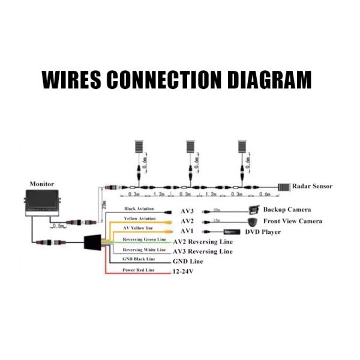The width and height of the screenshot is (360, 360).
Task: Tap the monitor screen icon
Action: (41, 202)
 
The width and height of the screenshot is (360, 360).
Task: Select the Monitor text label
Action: (42, 184)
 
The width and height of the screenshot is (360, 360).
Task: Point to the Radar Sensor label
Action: (312, 186)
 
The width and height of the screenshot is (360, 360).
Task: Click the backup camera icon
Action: (254, 210)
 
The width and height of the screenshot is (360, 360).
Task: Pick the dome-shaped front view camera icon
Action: (252, 221)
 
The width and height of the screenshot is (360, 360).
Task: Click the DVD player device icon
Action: (232, 231)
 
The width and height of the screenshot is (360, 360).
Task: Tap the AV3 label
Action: (187, 211)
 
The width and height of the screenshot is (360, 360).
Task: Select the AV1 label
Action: (187, 231)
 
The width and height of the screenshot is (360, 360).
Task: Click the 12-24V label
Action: (184, 272)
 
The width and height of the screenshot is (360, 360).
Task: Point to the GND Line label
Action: (188, 262)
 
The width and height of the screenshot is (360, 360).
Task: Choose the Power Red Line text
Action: (139, 270)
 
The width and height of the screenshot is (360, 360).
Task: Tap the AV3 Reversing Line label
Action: (203, 251)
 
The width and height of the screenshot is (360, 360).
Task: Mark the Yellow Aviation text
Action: (139, 218)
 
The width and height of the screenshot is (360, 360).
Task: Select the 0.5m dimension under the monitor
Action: (59, 226)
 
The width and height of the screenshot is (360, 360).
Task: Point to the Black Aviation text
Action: (139, 208)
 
